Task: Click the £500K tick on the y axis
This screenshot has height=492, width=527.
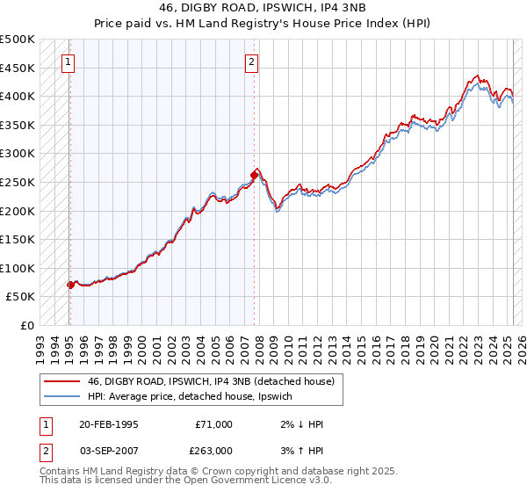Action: tap(18, 40)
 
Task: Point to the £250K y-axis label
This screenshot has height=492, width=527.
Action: tap(18, 182)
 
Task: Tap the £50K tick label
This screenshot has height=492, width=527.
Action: tap(21, 297)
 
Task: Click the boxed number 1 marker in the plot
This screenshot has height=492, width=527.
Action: tap(69, 61)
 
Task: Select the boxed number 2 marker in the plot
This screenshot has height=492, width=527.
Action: tap(251, 61)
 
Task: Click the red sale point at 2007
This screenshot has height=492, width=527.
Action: tap(254, 175)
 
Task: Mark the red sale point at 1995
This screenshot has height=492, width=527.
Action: tap(70, 285)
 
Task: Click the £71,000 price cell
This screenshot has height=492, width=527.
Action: tap(213, 424)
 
